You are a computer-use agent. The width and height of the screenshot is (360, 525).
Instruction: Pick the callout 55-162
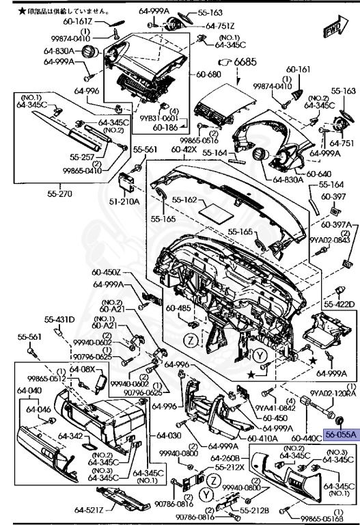(184, 201)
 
